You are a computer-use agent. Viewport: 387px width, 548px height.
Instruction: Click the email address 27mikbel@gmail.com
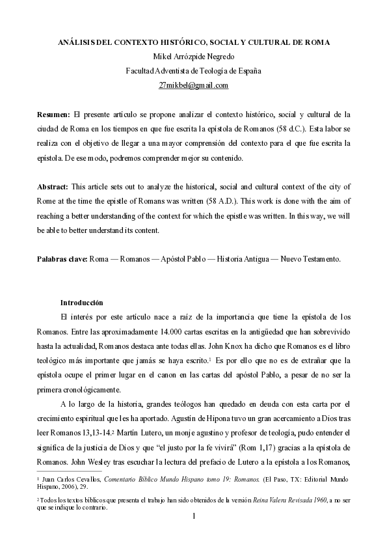pos(193,85)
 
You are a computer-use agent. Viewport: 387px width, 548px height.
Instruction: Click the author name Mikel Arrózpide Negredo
pos(193,57)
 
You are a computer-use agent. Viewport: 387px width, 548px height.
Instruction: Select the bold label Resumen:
pos(54,114)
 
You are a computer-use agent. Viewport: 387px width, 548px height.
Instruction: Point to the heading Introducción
pos(82,302)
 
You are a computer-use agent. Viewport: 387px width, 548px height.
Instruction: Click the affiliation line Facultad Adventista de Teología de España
pos(193,71)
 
